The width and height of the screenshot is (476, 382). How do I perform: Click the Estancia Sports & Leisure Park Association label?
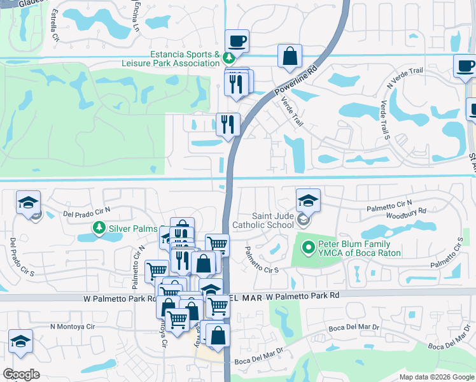coord(171,59)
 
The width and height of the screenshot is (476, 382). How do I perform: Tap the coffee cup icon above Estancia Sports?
coord(237,41)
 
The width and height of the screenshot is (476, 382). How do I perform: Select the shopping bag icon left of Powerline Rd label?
coord(290,55)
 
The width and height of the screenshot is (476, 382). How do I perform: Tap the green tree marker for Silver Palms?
coord(99,227)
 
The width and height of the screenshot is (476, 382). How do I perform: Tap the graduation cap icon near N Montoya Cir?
coord(20,341)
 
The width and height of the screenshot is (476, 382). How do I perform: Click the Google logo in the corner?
coord(21,374)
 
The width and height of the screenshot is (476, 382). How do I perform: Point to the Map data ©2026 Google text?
coord(437,377)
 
